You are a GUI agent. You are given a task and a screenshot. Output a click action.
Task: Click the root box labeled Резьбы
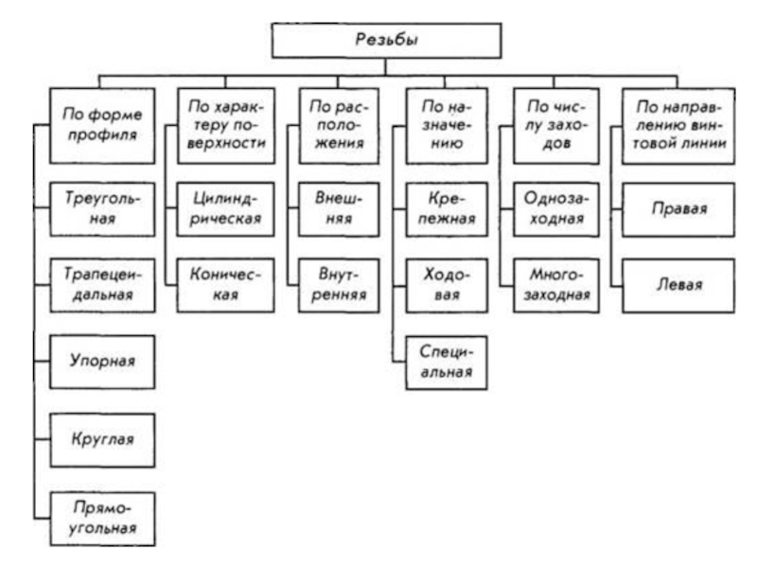coord(386,41)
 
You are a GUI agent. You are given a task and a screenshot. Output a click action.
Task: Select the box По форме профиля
coord(102,126)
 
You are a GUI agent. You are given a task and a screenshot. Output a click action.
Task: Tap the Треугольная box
coord(102,209)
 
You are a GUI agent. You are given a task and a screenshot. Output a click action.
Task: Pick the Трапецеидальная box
coord(102,286)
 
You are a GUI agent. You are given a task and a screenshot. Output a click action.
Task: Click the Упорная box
coord(102,362)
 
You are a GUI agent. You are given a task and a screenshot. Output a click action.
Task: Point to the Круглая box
coord(102,440)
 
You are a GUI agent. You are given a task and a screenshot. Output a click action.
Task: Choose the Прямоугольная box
coord(102,519)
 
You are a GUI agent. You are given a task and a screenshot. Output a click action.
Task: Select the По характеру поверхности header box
coord(226,126)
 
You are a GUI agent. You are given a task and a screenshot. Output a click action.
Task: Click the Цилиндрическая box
coord(225,209)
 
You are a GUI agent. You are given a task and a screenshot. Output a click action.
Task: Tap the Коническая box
coord(225,286)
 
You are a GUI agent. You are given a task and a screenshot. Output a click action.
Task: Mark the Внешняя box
coord(339,209)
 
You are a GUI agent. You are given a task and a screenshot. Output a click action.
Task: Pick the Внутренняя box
coord(339,286)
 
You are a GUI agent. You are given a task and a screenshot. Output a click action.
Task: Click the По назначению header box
coord(447,126)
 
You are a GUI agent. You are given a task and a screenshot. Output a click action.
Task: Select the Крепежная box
coord(447,209)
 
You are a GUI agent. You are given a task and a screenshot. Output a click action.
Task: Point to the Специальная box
coord(447,363)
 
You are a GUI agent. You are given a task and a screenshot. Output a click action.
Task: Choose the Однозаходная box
coord(556,209)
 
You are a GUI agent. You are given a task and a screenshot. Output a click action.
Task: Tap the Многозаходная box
coord(556,286)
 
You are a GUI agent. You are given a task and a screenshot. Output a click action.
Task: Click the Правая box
coord(678,209)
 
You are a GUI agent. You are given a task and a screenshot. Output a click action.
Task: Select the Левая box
coord(678,286)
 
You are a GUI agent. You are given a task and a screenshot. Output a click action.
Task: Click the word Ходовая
coord(447,285)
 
